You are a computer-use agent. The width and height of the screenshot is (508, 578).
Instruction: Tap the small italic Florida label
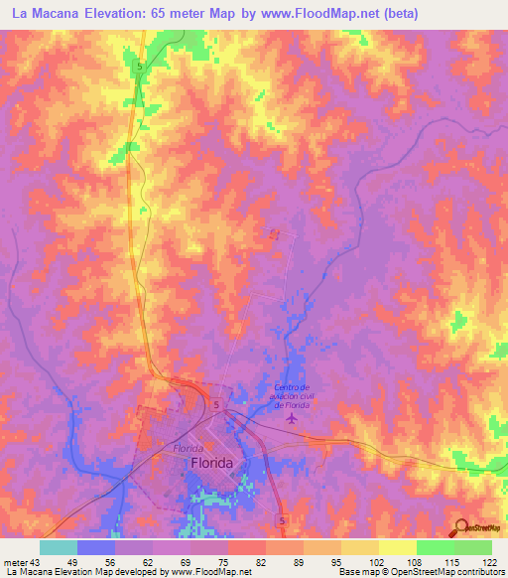click(189, 449)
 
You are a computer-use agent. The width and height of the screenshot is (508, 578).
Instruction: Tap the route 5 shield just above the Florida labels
click(214, 405)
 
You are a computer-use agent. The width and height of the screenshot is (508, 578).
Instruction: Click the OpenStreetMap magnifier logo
click(459, 527)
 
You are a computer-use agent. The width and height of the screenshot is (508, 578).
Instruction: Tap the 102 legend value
click(365, 562)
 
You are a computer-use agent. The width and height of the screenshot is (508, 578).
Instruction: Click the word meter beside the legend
click(13, 562)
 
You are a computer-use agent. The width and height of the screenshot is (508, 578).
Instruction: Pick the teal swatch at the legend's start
click(58, 548)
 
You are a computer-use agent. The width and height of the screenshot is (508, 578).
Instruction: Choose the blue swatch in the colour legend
click(95, 548)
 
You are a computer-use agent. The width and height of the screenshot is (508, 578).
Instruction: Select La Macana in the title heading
click(52, 14)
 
